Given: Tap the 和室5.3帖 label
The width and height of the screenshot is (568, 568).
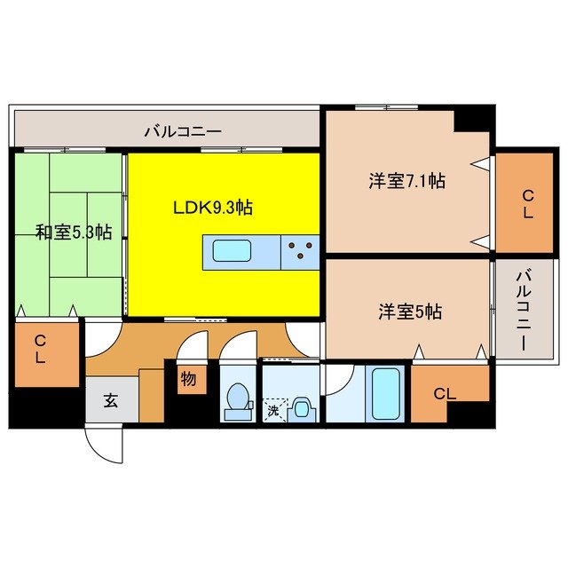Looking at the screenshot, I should point(74,233).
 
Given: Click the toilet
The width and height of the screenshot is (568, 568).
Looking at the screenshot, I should point(237,399).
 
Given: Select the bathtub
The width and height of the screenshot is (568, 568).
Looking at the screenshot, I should point(385,393).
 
